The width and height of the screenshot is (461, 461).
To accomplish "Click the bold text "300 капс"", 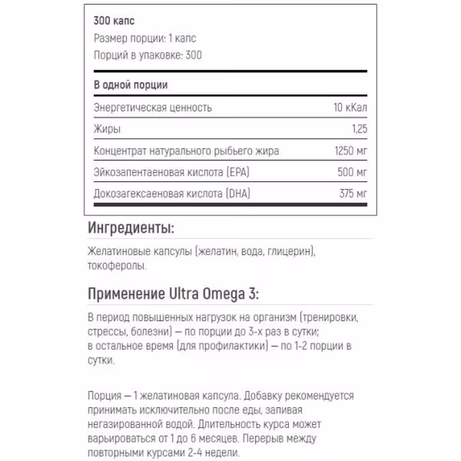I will (x=114, y=21).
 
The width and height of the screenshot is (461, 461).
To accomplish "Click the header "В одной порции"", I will (x=131, y=85).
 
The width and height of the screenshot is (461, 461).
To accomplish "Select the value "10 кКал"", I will (x=350, y=108).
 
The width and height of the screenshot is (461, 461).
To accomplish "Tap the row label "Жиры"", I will (x=107, y=130).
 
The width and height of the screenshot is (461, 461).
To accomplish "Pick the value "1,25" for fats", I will (x=359, y=130).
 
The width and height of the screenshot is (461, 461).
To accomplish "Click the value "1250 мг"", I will (x=351, y=151).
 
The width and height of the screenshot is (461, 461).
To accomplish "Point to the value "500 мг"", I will (x=352, y=172).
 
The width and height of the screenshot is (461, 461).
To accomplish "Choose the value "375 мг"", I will (x=353, y=194).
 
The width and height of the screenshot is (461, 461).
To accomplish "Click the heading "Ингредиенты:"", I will (x=131, y=228).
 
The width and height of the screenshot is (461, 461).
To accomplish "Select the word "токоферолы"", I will (x=117, y=266).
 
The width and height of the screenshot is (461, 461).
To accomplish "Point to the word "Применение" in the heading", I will (x=126, y=294).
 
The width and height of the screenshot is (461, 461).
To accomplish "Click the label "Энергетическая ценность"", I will (x=153, y=108).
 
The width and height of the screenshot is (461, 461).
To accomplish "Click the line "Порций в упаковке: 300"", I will (x=148, y=55).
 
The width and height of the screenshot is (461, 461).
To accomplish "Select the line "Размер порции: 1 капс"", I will (x=145, y=39).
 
